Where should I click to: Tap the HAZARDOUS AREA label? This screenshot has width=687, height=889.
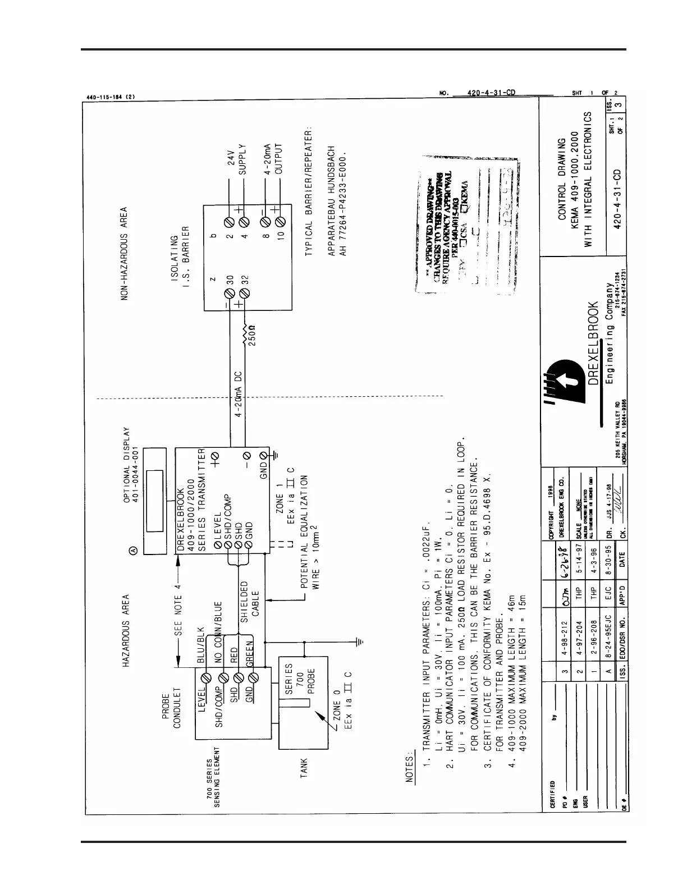tap(126, 630)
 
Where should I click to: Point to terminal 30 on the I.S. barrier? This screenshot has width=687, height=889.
tap(229, 294)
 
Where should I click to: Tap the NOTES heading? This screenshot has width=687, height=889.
tap(410, 768)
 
